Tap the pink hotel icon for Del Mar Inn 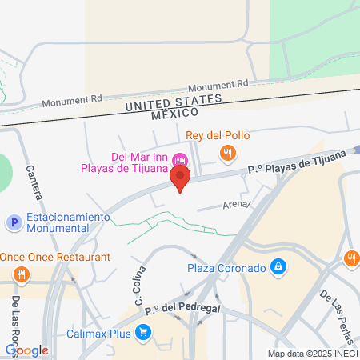click(180, 157)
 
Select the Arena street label click(235, 205)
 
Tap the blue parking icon click(13, 222)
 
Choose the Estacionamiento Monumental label click(68, 222)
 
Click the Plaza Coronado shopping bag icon click(278, 266)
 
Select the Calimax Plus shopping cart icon click(143, 331)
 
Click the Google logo click(27, 350)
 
